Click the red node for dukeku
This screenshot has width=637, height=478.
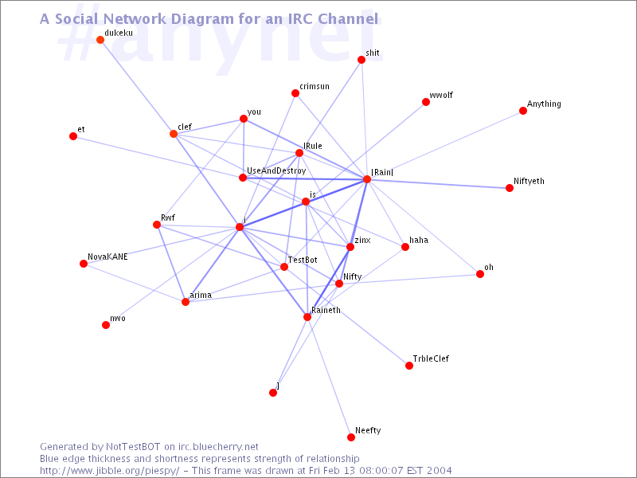click(100, 40)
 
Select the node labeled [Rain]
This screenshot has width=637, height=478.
click(367, 179)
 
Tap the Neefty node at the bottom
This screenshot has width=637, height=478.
click(351, 437)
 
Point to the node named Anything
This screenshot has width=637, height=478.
click(523, 111)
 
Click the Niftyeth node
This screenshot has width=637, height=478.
click(510, 188)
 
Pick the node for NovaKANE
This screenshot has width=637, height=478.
click(84, 264)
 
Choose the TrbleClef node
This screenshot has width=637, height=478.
click(409, 366)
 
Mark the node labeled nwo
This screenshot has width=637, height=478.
click(106, 325)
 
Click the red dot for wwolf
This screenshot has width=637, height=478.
click(426, 102)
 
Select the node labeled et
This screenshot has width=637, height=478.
click(73, 136)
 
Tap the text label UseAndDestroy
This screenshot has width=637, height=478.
click(276, 171)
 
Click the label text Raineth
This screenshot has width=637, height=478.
click(326, 310)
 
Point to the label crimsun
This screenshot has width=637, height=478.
click(315, 87)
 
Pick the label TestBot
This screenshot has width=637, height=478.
click(303, 260)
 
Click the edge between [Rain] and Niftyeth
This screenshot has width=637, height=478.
click(438, 184)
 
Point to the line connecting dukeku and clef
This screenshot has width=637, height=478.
click(137, 87)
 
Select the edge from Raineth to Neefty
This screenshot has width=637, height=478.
click(329, 377)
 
